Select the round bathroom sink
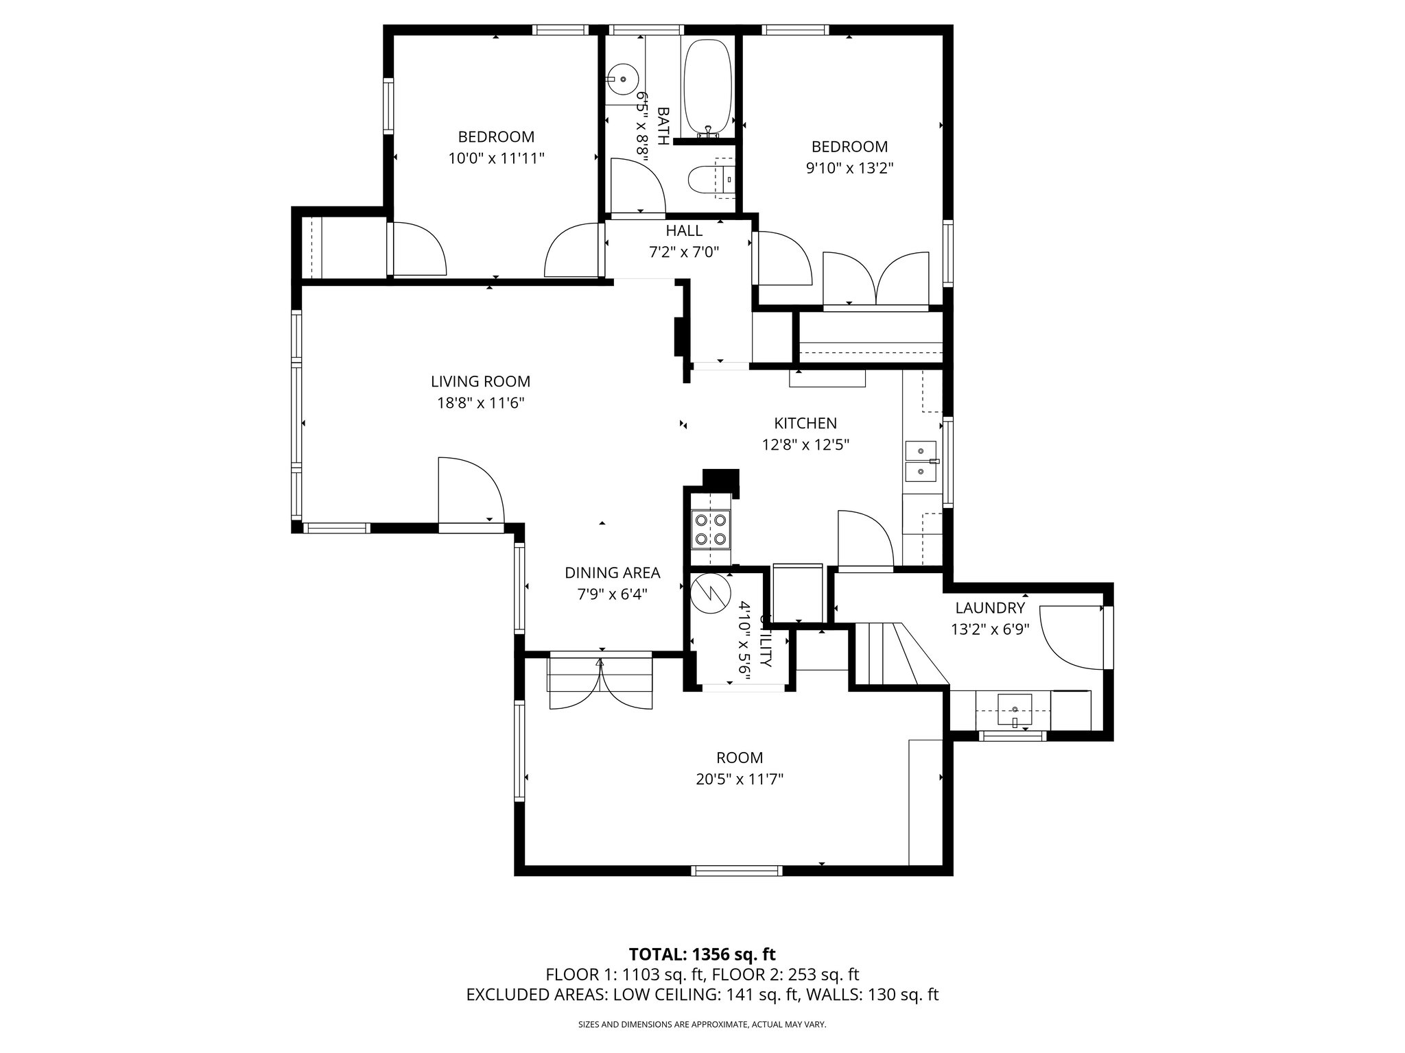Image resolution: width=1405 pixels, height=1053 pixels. click(x=622, y=80)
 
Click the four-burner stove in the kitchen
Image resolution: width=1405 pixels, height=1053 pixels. click(x=710, y=529)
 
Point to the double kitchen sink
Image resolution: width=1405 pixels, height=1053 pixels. click(x=921, y=461)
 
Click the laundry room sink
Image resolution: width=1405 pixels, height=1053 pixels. click(x=1014, y=708)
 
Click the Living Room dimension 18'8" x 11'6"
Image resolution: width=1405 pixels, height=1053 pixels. click(x=480, y=403)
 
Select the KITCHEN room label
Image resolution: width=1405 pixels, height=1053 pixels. click(x=805, y=423)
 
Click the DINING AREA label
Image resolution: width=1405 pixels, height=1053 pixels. click(x=612, y=572)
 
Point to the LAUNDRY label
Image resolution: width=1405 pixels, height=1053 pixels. click(x=990, y=607)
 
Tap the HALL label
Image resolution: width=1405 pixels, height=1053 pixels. click(x=684, y=231)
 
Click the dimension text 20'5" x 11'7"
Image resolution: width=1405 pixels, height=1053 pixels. click(x=740, y=779)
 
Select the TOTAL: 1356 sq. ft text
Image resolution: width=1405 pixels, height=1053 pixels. click(x=702, y=954)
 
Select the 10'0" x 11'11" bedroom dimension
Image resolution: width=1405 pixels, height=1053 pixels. click(x=496, y=158)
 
